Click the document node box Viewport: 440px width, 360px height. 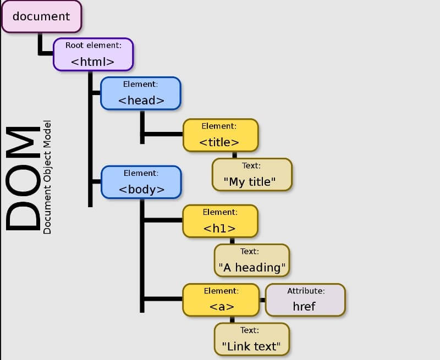point(41,16)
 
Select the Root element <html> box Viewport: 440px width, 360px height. point(93,54)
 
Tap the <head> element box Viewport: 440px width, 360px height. point(141,93)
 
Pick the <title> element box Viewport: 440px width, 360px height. point(220,135)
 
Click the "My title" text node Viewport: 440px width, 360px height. point(252,175)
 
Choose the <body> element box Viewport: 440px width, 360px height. point(141,182)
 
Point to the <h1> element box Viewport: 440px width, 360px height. point(220,221)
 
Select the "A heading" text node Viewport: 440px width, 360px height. point(252,260)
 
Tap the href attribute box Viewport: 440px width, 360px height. point(305,300)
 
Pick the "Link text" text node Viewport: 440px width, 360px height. point(252,339)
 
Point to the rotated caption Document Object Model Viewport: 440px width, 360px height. point(47,177)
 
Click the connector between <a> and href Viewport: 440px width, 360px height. point(262,300)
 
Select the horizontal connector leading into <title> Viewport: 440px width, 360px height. point(163,134)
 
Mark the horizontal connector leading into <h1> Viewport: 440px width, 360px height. point(163,220)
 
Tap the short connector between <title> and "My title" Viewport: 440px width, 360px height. point(235,155)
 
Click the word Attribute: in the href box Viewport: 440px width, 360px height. point(305,291)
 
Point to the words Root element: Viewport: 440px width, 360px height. point(93,45)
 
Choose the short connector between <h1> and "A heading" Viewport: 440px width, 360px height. point(232,241)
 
